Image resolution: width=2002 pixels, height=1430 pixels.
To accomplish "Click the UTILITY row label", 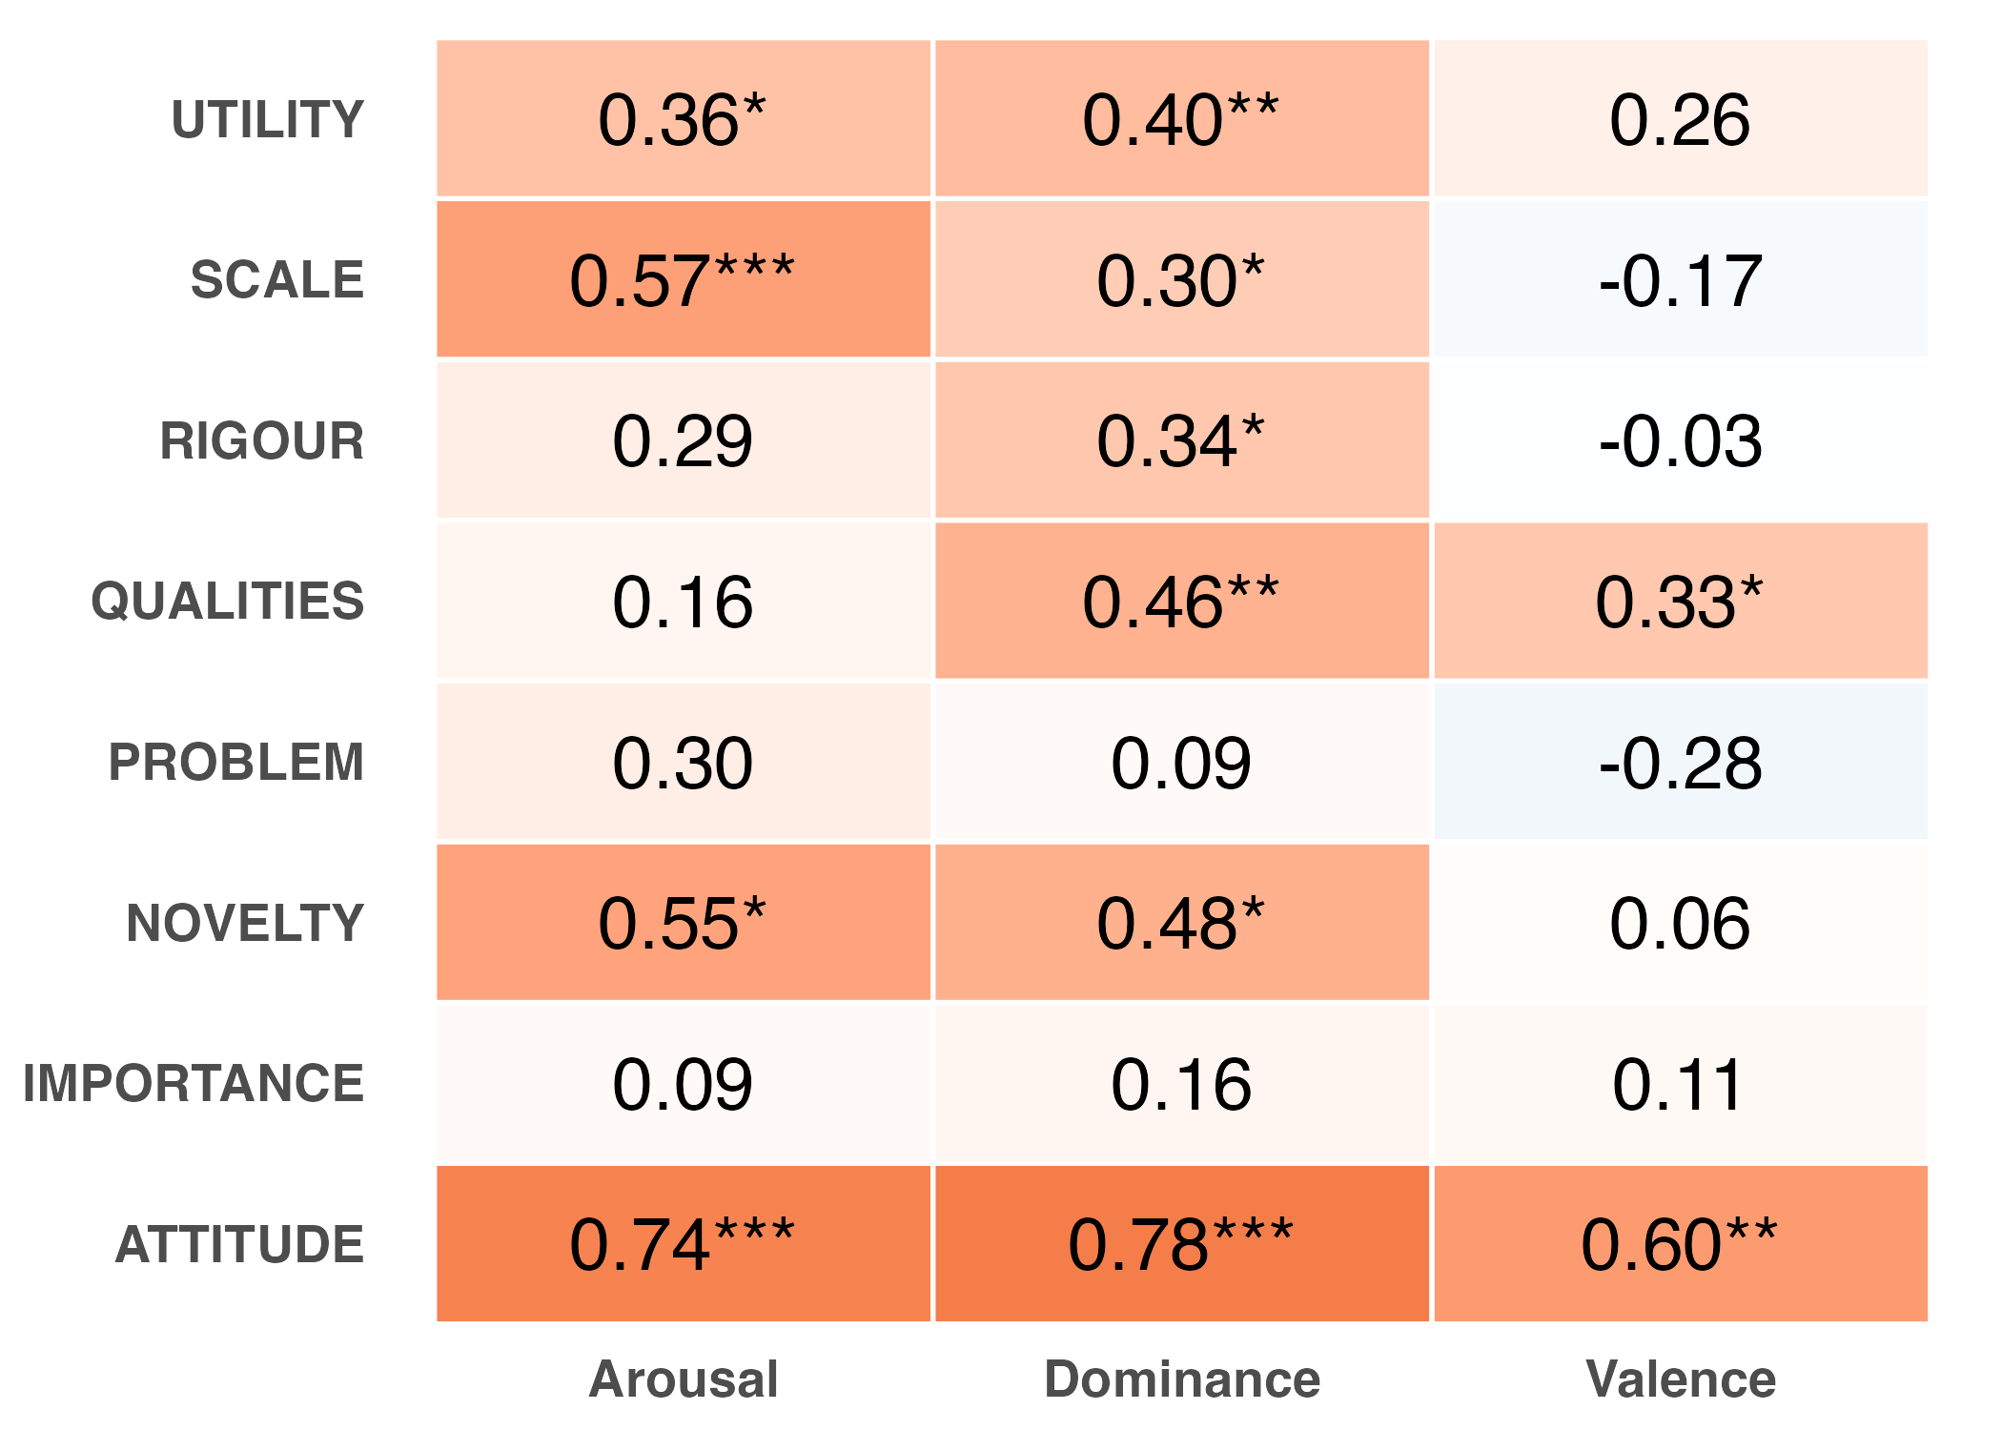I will (268, 120).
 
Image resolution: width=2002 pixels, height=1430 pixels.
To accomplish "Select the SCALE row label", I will (277, 280).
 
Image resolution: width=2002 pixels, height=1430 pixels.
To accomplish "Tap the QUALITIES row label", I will (228, 602).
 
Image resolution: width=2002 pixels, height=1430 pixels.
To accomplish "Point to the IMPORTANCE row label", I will (194, 1084).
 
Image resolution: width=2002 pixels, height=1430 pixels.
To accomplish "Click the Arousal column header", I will (684, 1379).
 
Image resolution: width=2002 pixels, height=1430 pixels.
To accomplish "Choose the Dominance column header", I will (1182, 1379).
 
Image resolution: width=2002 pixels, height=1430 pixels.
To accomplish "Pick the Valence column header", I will (1681, 1379).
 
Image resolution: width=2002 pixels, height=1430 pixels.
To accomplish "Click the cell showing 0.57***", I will (684, 280).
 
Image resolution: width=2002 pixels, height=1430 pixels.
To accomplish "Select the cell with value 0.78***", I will (1182, 1244).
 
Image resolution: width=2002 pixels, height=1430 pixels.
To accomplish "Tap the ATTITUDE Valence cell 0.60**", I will (1681, 1244).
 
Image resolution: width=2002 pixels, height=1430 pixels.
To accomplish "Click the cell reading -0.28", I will (1681, 763).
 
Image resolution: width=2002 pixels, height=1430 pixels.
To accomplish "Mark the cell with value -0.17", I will (1681, 280).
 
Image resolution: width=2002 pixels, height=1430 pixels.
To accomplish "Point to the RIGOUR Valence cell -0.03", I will (1681, 441).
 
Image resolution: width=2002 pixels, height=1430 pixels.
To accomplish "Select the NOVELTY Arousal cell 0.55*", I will (684, 923).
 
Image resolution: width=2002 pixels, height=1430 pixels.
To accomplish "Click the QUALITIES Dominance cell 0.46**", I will (1182, 602).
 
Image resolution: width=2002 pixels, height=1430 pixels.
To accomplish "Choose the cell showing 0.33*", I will (1681, 602).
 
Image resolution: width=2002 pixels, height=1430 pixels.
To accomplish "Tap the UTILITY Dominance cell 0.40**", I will (1182, 120).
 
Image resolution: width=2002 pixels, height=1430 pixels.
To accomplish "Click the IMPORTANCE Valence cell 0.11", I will (1681, 1084).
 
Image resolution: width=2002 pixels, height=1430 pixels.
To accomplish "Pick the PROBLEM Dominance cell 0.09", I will (1182, 763).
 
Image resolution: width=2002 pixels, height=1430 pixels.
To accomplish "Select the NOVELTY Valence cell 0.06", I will (1681, 923).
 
